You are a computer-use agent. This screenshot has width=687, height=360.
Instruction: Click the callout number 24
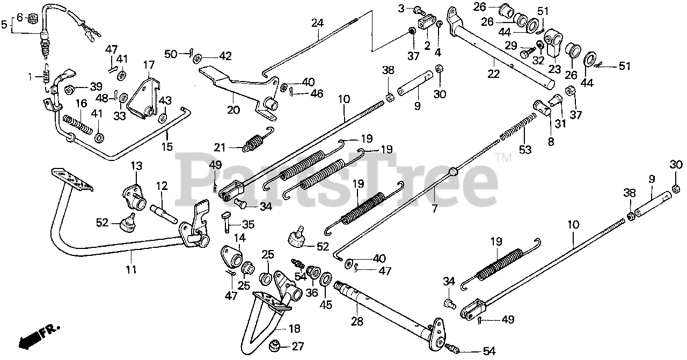(317, 23)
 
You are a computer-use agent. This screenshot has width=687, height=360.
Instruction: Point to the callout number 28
(356, 321)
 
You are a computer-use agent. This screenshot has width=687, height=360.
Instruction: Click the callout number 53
(525, 150)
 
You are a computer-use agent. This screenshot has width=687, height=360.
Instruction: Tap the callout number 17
(149, 64)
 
